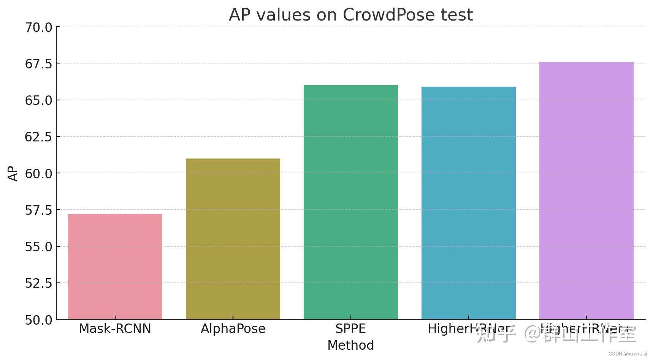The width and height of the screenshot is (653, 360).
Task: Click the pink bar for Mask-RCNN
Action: pyautogui.click(x=115, y=266)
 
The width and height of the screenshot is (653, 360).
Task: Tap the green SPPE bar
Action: pyautogui.click(x=350, y=202)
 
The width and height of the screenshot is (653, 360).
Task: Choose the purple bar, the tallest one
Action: pyautogui.click(x=586, y=190)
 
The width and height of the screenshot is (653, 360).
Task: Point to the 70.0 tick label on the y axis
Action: pyautogui.click(x=38, y=27)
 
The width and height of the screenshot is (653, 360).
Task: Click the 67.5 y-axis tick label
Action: pyautogui.click(x=38, y=64)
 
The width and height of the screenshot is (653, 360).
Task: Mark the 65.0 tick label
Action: pyautogui.click(x=38, y=100)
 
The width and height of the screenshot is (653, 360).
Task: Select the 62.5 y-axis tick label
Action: pyautogui.click(x=38, y=137)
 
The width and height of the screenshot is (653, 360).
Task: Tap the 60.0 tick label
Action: pyautogui.click(x=38, y=174)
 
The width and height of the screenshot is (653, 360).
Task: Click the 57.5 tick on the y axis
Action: pyautogui.click(x=38, y=210)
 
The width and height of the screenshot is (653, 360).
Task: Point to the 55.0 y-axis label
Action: pyautogui.click(x=38, y=247)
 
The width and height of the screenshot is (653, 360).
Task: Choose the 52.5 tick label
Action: pyautogui.click(x=38, y=283)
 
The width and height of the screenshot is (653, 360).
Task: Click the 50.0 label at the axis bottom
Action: pyautogui.click(x=38, y=320)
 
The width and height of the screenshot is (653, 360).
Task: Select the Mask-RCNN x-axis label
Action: pyautogui.click(x=115, y=329)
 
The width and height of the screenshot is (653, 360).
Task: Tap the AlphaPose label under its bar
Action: pyautogui.click(x=233, y=329)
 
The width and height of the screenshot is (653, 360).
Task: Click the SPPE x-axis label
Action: pyautogui.click(x=350, y=329)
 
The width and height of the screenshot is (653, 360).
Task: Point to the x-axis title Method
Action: pyautogui.click(x=350, y=346)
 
